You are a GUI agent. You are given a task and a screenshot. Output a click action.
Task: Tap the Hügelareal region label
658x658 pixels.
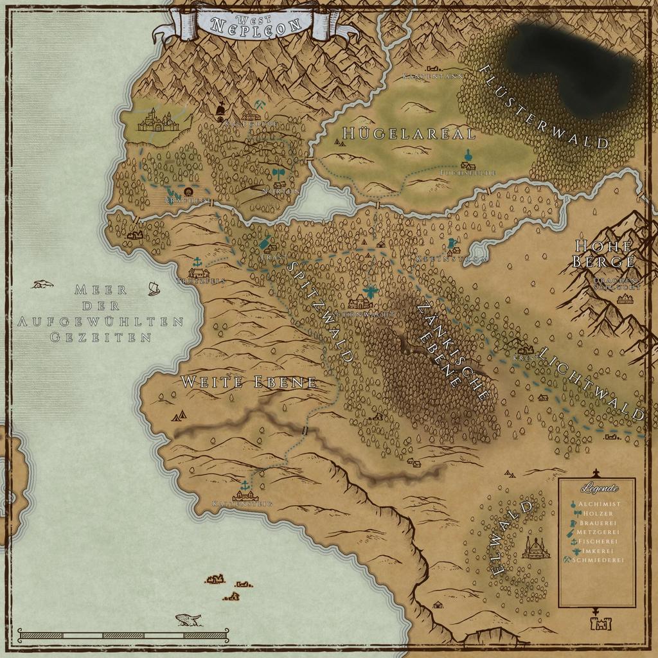click(409, 134)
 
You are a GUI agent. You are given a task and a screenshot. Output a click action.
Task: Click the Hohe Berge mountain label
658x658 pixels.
click(603, 253)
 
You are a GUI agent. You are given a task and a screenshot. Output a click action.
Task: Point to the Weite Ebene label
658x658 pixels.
click(249, 382)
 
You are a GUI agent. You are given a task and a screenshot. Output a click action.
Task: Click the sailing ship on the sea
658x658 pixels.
click(153, 289)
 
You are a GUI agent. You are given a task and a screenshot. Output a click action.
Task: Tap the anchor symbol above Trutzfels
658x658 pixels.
click(198, 262)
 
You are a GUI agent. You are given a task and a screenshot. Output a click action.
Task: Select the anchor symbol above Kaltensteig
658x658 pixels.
click(244, 484)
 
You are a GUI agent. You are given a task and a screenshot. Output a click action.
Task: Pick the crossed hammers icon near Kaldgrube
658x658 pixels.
click(259, 104)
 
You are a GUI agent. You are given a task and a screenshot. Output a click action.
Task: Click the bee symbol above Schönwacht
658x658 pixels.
click(371, 292)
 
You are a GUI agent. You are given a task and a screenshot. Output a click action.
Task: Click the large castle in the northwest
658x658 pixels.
click(156, 120)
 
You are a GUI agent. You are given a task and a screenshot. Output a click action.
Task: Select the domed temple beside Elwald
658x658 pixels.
click(535, 548)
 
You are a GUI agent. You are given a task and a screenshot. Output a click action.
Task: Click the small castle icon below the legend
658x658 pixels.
click(600, 623)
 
